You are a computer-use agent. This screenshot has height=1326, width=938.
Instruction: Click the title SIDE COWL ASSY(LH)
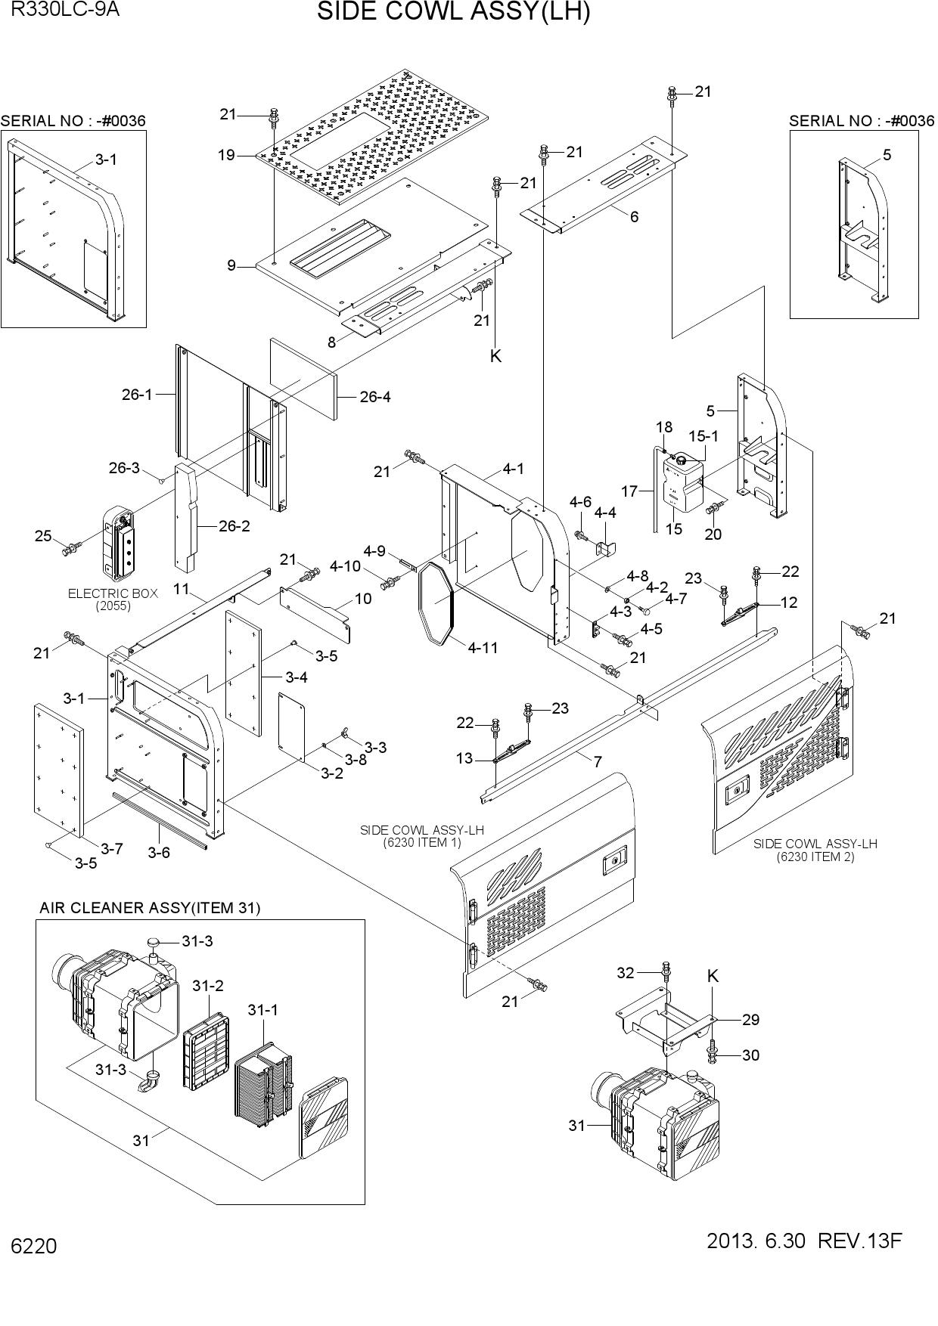point(453,12)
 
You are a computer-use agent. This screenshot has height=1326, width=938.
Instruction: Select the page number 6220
point(33,1246)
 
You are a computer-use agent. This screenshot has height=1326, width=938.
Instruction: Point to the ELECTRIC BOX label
point(113,593)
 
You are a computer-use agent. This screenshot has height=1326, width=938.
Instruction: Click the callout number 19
point(226,156)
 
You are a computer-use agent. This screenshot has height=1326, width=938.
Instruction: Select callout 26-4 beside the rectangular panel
point(375,397)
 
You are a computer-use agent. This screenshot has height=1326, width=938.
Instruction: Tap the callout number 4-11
point(483,648)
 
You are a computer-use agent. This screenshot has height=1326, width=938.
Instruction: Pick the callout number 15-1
point(703,436)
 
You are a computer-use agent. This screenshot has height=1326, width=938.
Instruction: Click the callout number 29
point(750,1020)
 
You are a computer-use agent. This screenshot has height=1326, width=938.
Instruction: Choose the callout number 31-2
point(208,986)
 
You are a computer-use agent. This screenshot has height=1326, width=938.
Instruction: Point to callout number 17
point(629,491)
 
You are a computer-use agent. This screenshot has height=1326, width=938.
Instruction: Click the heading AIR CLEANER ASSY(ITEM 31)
point(150,908)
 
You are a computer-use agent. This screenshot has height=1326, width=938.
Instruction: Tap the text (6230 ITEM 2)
point(815,857)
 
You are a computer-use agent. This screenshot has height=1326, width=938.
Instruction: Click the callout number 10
point(363,599)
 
